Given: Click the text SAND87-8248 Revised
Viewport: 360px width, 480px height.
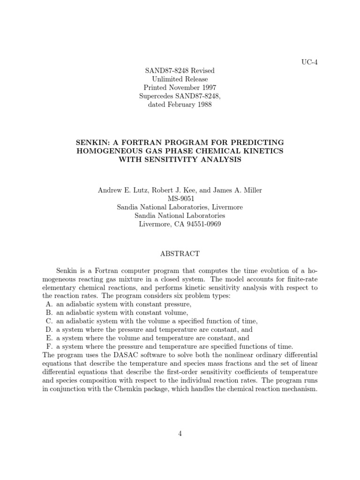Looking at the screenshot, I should [180, 71].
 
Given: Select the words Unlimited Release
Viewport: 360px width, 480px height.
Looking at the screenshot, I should [180, 79].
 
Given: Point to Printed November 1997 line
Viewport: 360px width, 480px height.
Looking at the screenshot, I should [180, 88].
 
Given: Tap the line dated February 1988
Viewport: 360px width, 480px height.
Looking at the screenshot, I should [180, 105].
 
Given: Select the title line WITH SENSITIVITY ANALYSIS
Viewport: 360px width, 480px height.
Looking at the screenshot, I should [180, 159].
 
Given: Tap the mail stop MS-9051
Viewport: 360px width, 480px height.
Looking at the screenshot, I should [180, 199].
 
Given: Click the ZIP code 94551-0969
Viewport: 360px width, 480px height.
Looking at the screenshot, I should [201, 224].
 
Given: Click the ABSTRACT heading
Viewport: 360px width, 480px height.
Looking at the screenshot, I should [180, 254].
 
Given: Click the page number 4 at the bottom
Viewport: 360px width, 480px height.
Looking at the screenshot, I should [180, 434].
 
